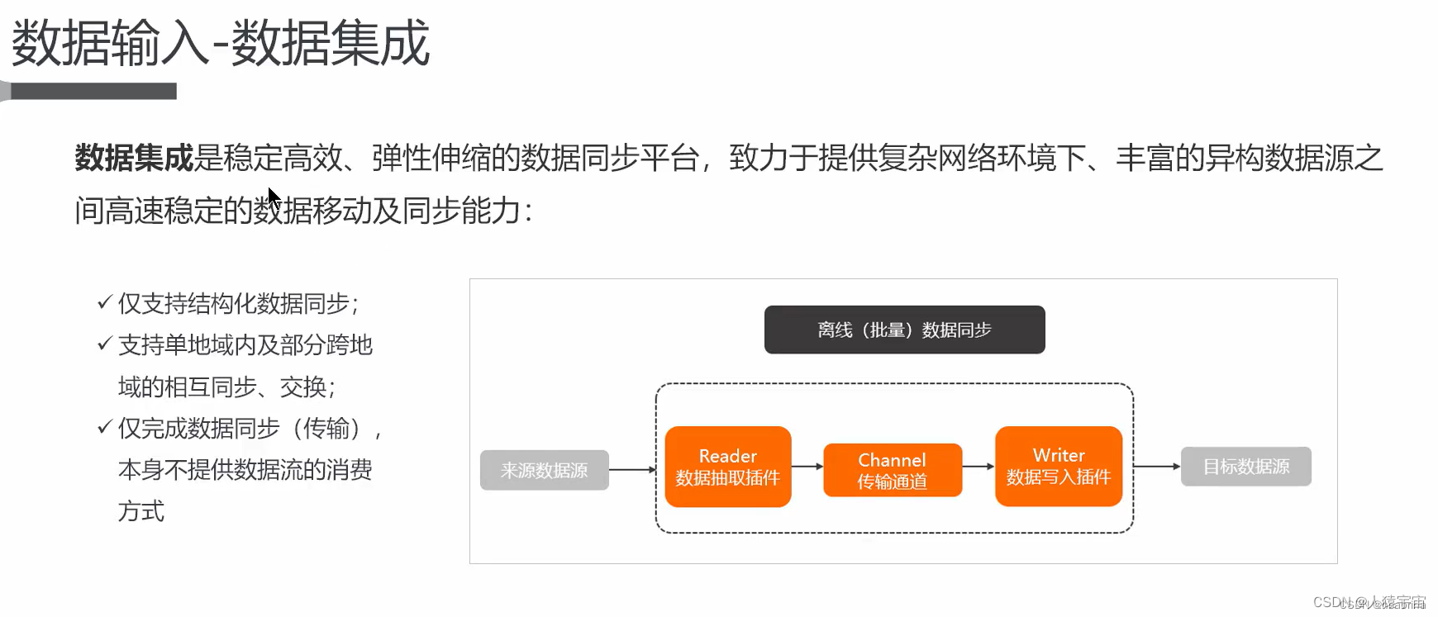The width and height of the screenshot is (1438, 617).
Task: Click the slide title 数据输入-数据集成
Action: pos(220,43)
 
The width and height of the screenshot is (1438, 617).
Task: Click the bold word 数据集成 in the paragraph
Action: pos(134,158)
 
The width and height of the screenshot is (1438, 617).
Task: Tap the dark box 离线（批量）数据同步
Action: pos(904,330)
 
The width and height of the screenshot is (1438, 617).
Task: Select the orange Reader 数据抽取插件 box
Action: pos(728,467)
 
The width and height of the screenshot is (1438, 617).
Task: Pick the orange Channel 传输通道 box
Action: pos(893,470)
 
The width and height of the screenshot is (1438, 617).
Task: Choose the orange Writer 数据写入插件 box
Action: pos(1059,467)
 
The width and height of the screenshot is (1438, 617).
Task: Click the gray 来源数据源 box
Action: pos(545,470)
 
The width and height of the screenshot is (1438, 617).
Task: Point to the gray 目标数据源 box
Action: pos(1245,467)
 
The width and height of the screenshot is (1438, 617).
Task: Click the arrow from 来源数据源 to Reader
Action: pos(632,470)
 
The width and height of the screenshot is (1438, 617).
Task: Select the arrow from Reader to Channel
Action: pos(807,467)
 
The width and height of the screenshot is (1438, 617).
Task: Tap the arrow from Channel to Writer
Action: pos(979,467)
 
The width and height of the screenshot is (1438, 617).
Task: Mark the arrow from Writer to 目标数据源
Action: pos(1156,467)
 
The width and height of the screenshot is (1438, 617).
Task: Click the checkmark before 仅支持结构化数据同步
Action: pos(104,302)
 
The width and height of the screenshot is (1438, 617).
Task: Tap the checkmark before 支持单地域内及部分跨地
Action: pos(104,344)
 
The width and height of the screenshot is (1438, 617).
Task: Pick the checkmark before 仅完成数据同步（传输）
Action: pos(104,427)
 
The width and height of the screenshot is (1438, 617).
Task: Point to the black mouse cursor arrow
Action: pos(274,199)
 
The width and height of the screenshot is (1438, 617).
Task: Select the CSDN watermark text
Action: pos(1369,603)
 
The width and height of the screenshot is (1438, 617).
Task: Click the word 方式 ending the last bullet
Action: pos(141,512)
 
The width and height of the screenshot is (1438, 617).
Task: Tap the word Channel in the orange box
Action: pos(892,460)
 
